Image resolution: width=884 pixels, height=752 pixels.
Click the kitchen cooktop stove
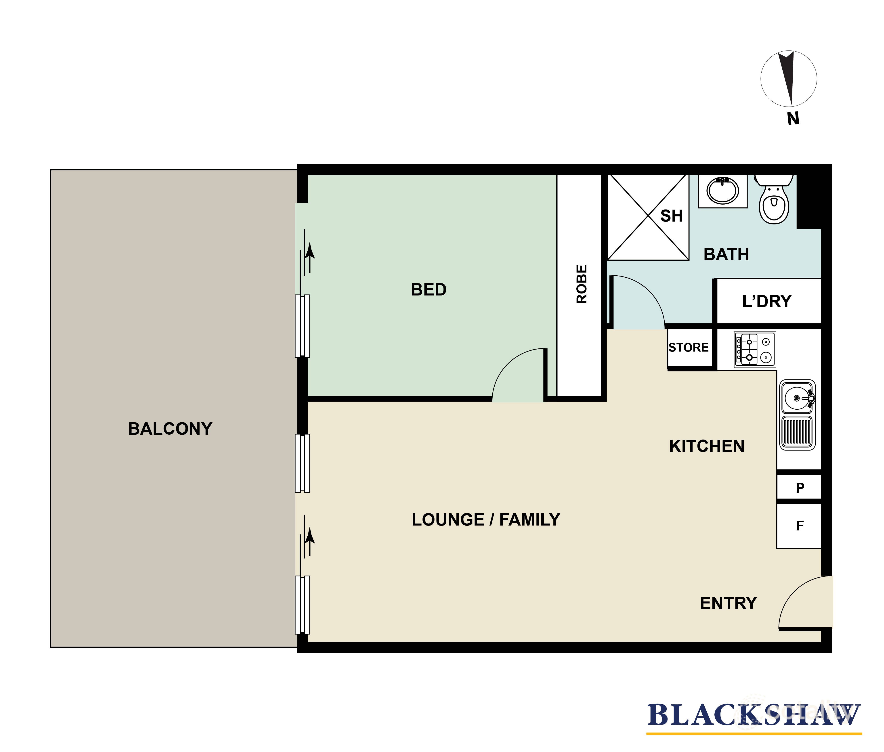[754, 350]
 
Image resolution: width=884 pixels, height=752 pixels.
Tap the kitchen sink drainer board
[797, 432]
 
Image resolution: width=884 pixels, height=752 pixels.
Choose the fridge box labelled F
[800, 526]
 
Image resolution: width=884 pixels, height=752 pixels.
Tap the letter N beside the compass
[793, 119]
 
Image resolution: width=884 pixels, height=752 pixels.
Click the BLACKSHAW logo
[754, 715]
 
